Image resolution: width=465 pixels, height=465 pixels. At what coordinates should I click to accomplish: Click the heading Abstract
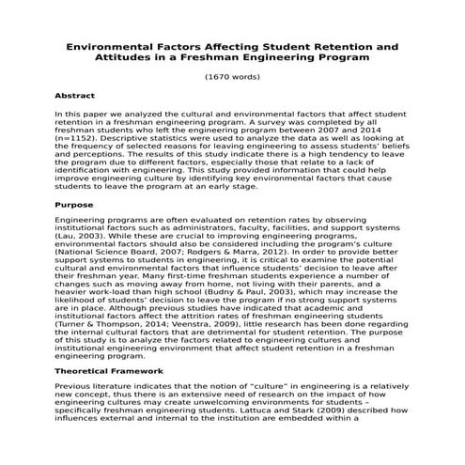[74, 95]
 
